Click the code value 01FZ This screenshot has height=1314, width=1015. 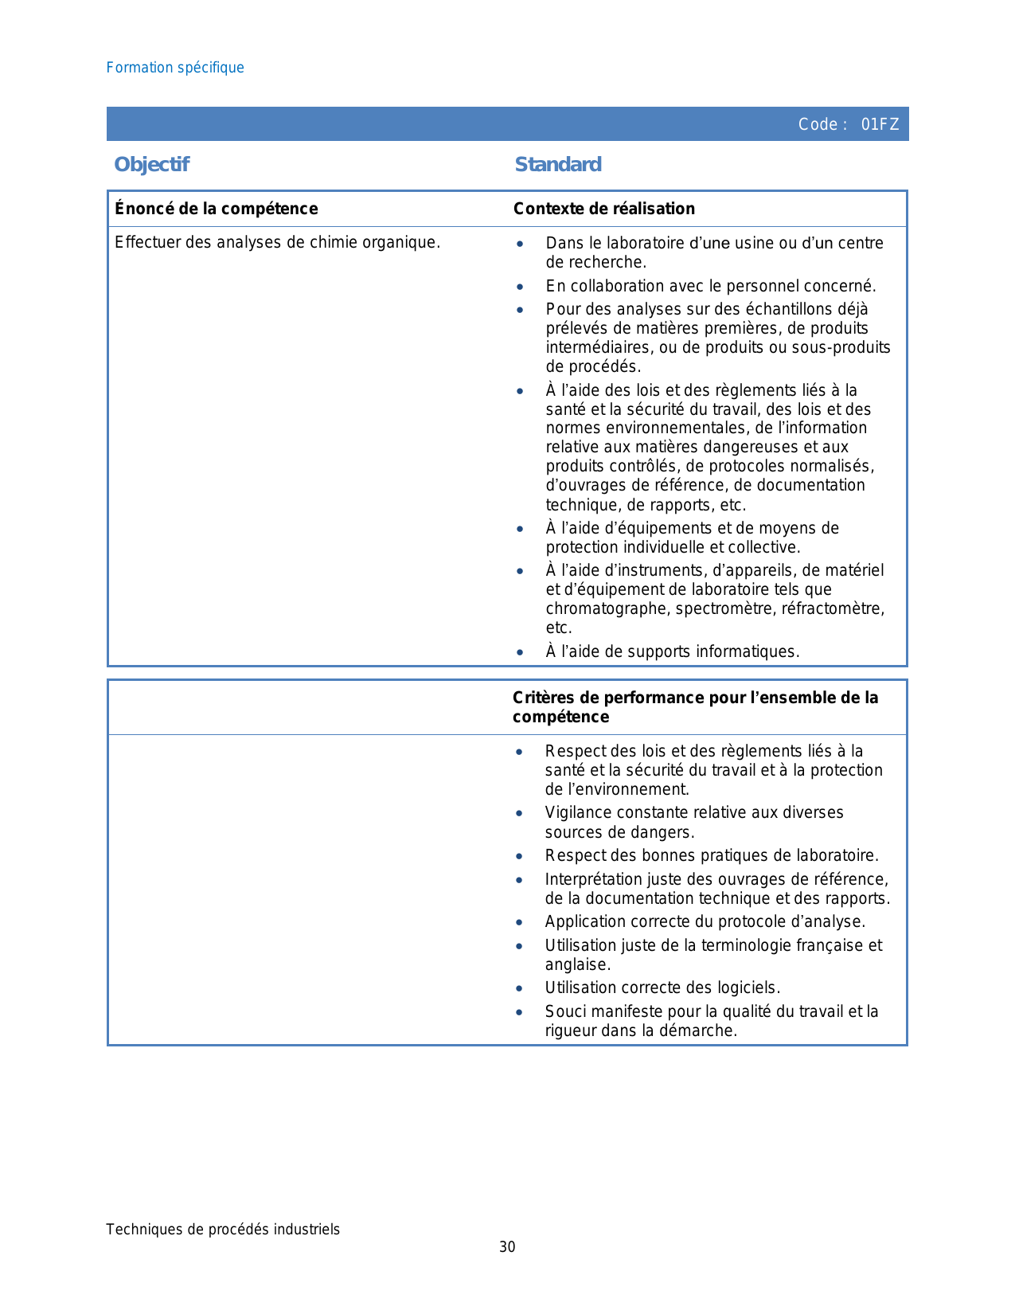[x=880, y=124]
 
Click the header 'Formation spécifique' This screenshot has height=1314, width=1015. [x=175, y=68]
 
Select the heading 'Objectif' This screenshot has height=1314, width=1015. [x=151, y=164]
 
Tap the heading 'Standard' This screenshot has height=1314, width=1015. [x=558, y=164]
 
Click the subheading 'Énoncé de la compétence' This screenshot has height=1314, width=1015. [x=216, y=209]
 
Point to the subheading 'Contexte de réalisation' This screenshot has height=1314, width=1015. [x=603, y=209]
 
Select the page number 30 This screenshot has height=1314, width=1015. [x=507, y=1247]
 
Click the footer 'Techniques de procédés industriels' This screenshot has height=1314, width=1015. [x=223, y=1230]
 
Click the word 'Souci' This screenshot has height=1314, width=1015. [x=563, y=1012]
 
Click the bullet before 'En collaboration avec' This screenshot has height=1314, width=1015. [x=520, y=287]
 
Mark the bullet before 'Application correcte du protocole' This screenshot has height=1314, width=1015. [x=519, y=923]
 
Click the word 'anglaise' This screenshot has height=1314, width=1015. [x=576, y=965]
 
